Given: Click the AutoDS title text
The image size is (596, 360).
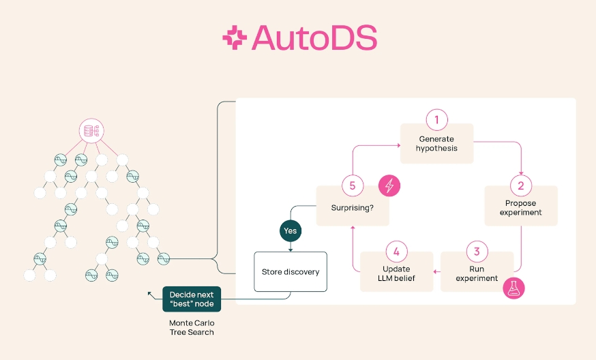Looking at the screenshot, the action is (x=314, y=37).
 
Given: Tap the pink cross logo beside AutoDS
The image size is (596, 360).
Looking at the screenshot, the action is (x=235, y=37).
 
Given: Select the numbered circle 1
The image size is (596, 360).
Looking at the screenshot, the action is (x=436, y=120).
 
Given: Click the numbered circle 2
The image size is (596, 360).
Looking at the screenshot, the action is (x=521, y=185).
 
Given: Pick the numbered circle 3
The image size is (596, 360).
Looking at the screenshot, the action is (x=477, y=252).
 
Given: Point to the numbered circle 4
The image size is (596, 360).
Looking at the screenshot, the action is (x=396, y=252).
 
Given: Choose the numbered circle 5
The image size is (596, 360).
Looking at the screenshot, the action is (x=353, y=185).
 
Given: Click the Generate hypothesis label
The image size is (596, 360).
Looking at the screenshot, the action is (x=436, y=144).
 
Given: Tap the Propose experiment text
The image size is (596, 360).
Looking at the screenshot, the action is (x=521, y=208).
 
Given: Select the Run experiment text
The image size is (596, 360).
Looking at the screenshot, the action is (x=477, y=273).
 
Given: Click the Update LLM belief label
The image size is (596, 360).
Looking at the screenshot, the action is (x=396, y=273).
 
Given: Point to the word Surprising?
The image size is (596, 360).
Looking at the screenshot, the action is (x=353, y=208).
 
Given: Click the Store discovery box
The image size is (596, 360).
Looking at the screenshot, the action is (x=290, y=272).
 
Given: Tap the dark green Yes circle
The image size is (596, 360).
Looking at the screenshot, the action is (x=290, y=230).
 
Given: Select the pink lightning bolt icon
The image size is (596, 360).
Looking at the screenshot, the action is (x=389, y=186).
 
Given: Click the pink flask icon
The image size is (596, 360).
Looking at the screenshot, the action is (x=513, y=288).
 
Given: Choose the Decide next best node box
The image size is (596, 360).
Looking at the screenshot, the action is (x=192, y=299).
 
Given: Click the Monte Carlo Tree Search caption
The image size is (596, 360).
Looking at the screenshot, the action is (x=192, y=328).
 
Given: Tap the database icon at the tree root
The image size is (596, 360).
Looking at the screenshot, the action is (x=91, y=131).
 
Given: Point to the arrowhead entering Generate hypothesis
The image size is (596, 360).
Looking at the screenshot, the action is (x=399, y=145).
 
